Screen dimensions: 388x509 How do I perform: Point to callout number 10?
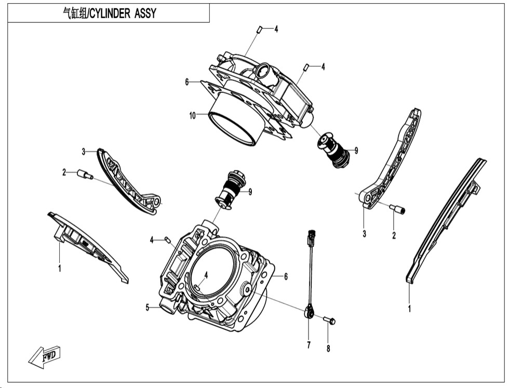click(x=193, y=116)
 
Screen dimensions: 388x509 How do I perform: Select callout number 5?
click(x=148, y=307)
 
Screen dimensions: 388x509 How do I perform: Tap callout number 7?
click(x=308, y=345)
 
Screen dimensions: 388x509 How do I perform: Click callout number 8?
click(x=328, y=349)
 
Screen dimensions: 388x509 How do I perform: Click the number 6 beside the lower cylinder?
click(x=286, y=277)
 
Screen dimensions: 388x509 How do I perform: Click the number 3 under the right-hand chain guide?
click(x=364, y=234)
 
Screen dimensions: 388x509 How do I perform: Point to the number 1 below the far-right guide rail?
click(x=410, y=309)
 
